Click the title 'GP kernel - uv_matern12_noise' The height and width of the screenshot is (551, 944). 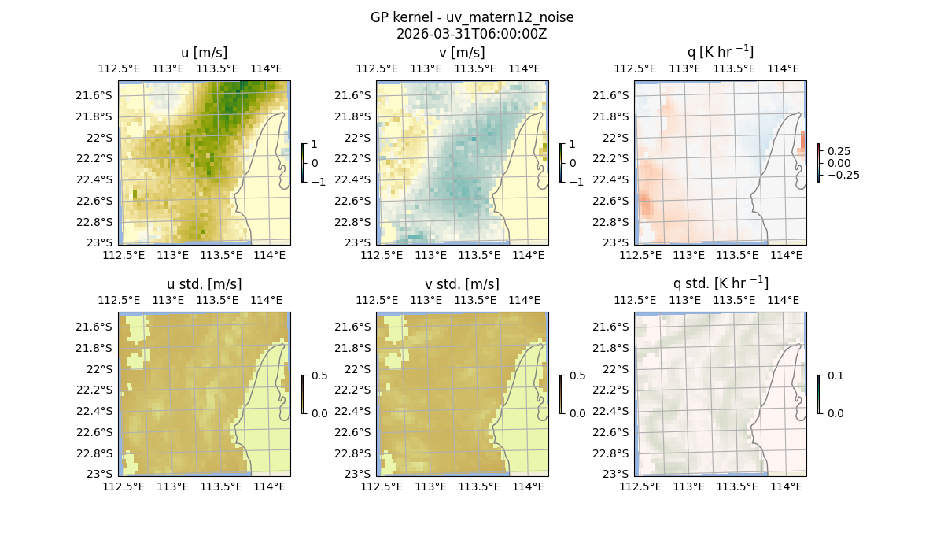pyautogui.click(x=472, y=17)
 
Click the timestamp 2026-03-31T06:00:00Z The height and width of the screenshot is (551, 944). pyautogui.click(x=472, y=34)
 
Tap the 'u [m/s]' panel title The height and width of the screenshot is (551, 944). pyautogui.click(x=204, y=53)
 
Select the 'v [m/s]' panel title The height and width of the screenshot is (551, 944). pyautogui.click(x=462, y=53)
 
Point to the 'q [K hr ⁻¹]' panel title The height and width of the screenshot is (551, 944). pyautogui.click(x=720, y=52)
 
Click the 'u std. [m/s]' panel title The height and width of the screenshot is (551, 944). pyautogui.click(x=204, y=284)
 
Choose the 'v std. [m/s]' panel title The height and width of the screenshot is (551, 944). pyautogui.click(x=462, y=284)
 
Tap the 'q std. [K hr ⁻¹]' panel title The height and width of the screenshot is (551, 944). pyautogui.click(x=720, y=283)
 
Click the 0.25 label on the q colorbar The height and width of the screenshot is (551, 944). pyautogui.click(x=839, y=151)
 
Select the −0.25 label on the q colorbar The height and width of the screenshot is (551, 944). pyautogui.click(x=843, y=175)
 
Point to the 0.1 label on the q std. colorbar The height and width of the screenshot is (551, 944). pyautogui.click(x=834, y=376)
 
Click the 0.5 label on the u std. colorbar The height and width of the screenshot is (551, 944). pyautogui.click(x=319, y=376)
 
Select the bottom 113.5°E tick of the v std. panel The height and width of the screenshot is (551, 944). pyautogui.click(x=479, y=486)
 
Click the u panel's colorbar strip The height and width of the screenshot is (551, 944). pyautogui.click(x=303, y=163)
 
